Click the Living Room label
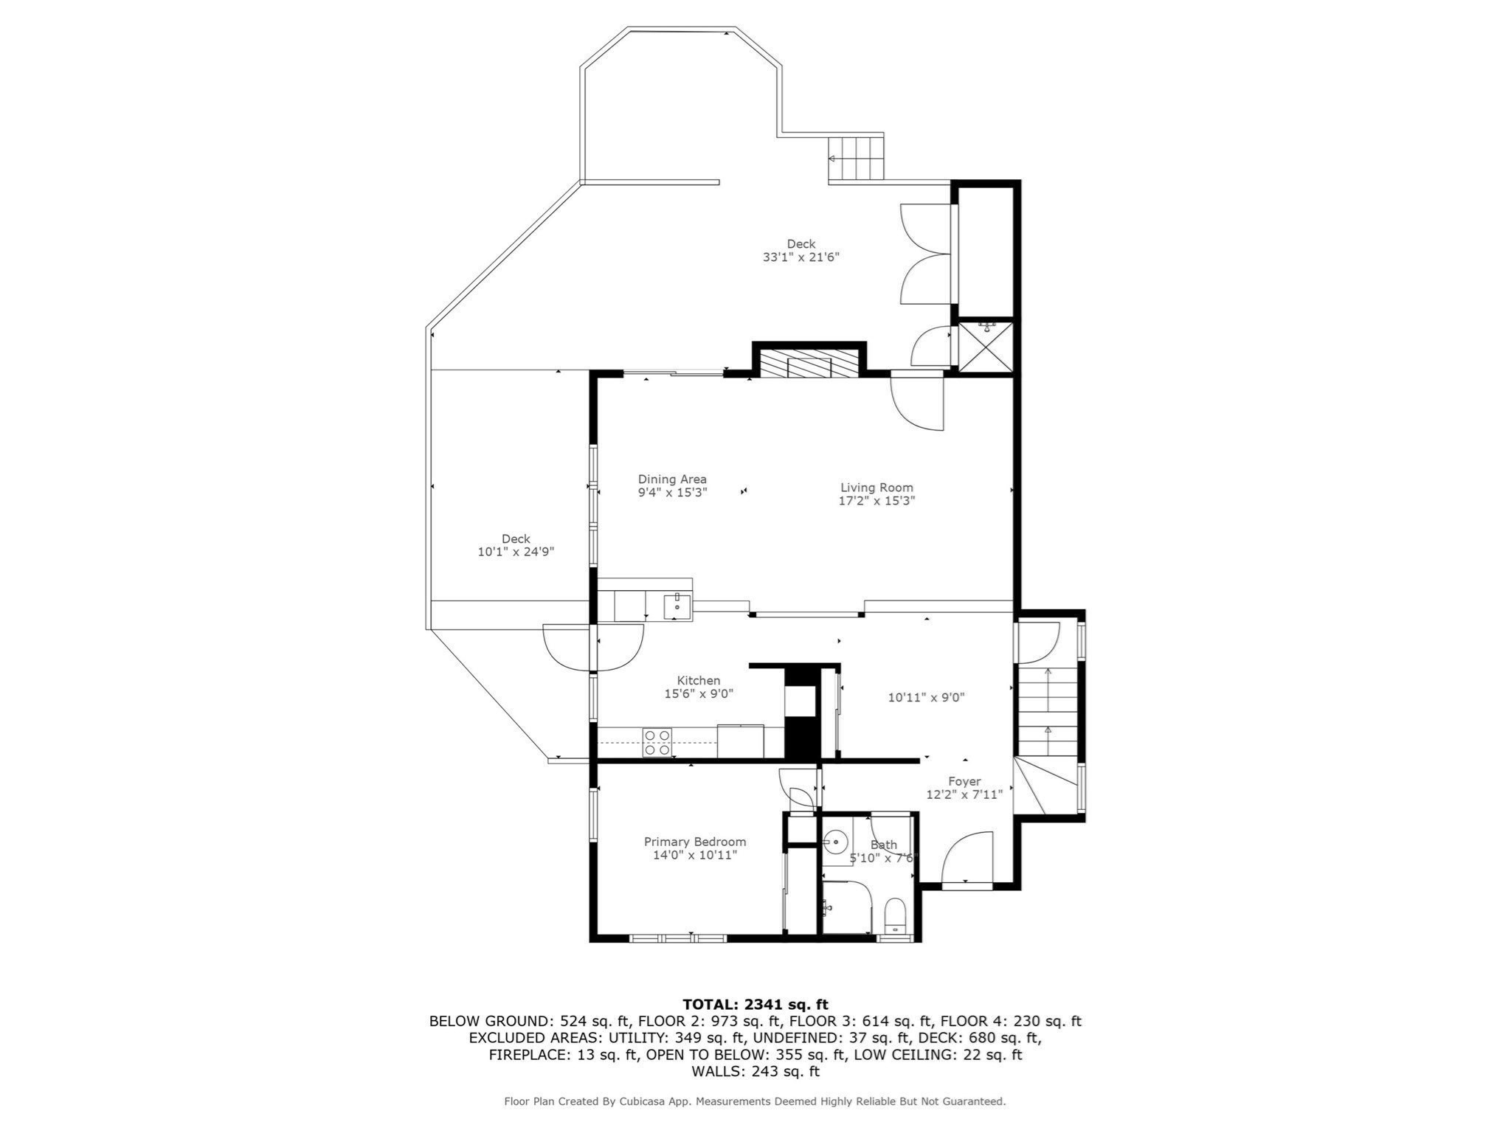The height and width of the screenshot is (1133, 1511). pyautogui.click(x=876, y=488)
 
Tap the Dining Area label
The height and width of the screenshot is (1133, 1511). pyautogui.click(x=672, y=479)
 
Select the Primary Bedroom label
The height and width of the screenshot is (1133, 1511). pyautogui.click(x=694, y=842)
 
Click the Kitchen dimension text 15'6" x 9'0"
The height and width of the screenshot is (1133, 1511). pyautogui.click(x=698, y=693)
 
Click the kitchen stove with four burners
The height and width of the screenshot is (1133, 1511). pyautogui.click(x=657, y=742)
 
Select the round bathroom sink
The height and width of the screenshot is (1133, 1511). pyautogui.click(x=835, y=840)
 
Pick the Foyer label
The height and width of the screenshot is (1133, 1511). pyautogui.click(x=964, y=782)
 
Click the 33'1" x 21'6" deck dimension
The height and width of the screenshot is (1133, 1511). pyautogui.click(x=801, y=257)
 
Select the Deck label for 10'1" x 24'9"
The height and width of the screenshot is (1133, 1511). pyautogui.click(x=516, y=539)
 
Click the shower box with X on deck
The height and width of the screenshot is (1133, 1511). pyautogui.click(x=986, y=346)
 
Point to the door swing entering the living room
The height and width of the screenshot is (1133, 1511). pyautogui.click(x=918, y=403)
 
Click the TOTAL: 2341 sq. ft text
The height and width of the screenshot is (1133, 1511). pyautogui.click(x=755, y=1004)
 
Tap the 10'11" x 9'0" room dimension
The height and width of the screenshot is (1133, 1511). pyautogui.click(x=926, y=697)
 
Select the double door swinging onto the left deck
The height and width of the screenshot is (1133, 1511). pyautogui.click(x=592, y=648)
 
